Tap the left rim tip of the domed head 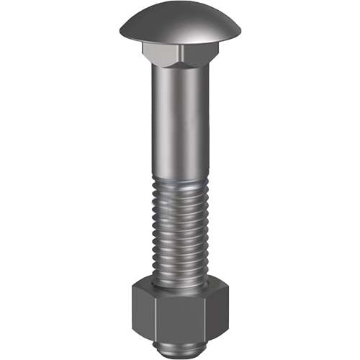121,31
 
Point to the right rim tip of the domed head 240,31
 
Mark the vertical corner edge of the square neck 180,56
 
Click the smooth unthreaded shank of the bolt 180,122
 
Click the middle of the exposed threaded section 180,230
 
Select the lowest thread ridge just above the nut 180,275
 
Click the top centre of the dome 180,4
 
